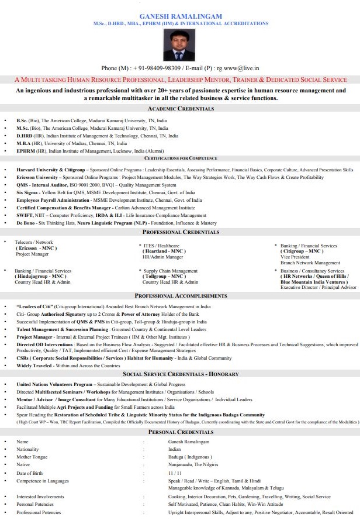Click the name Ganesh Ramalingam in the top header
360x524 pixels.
point(181,16)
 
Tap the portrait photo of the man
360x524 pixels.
point(180,44)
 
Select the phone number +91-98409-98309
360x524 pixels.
point(152,68)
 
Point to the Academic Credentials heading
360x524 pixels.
point(180,109)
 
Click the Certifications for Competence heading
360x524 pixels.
point(180,158)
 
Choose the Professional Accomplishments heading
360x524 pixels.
point(180,296)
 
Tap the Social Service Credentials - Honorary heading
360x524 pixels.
point(180,374)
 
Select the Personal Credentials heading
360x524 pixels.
point(180,432)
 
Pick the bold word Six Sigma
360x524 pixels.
point(27,192)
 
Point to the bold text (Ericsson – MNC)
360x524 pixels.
point(36,248)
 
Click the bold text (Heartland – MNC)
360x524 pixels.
point(165,251)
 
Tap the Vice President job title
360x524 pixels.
point(294,257)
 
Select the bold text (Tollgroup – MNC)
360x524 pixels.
point(164,277)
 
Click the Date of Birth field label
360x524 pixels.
point(29,473)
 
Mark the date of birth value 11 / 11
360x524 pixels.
point(175,473)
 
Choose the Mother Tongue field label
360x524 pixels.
point(32,457)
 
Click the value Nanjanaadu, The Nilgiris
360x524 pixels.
point(193,465)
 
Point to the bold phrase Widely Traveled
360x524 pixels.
point(35,366)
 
